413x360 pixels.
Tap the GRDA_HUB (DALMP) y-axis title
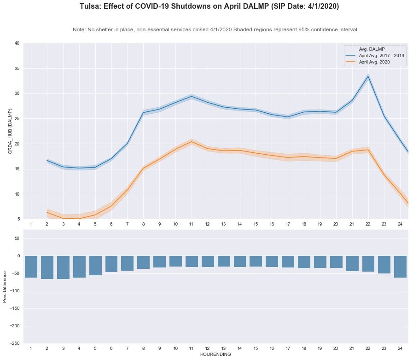click(x=10, y=131)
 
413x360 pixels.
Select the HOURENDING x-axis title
click(x=215, y=354)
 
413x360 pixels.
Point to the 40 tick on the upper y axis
click(x=17, y=43)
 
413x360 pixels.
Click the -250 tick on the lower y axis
click(x=15, y=343)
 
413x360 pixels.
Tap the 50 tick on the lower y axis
click(x=17, y=238)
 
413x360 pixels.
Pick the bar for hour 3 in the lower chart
click(x=63, y=267)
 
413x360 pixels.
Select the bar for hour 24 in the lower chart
click(x=400, y=267)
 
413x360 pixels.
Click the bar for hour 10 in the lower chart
click(x=175, y=261)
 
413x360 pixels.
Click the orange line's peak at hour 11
click(x=192, y=142)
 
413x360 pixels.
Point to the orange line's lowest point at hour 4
click(x=79, y=218)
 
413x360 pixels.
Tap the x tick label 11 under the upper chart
click(x=192, y=224)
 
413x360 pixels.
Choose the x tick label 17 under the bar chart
click(x=288, y=349)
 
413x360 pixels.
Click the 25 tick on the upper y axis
click(x=17, y=119)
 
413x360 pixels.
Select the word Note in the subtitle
click(x=79, y=29)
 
